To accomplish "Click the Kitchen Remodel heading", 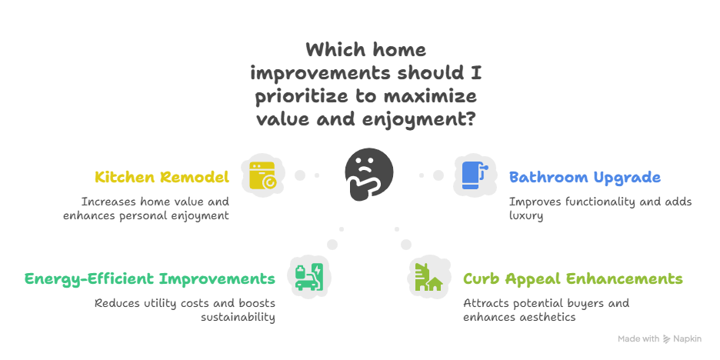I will point(162,177).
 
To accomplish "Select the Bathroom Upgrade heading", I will point(585,177).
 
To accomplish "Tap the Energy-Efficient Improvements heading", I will point(149,278).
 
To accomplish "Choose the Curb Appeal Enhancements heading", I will point(572,278).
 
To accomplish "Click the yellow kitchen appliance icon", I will point(262,175).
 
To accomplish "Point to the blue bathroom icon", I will point(472,175).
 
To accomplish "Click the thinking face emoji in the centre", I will point(368,174).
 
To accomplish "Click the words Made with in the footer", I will point(638,339).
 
